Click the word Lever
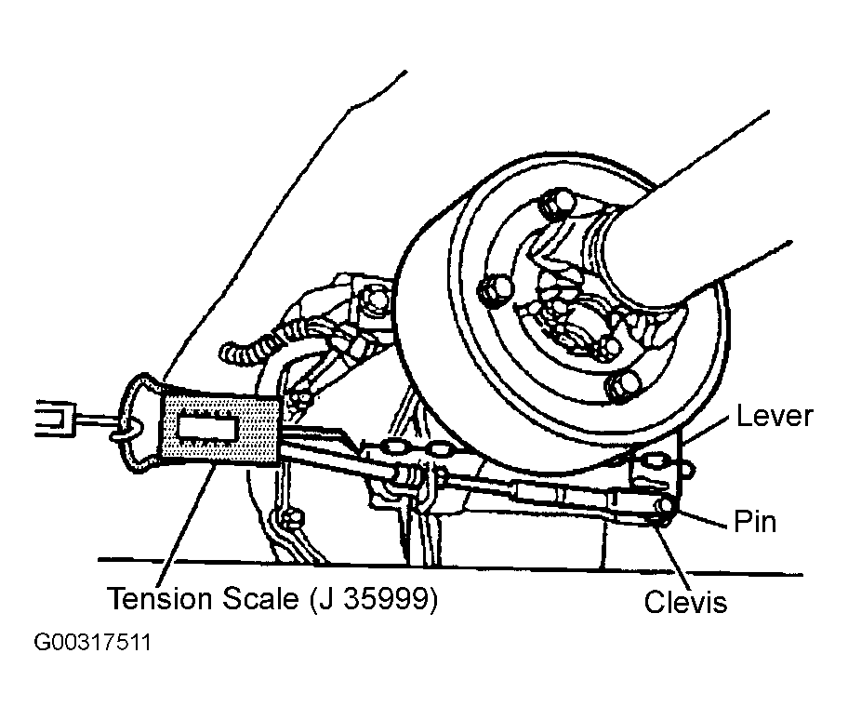coord(775,416)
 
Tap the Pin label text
coord(755,522)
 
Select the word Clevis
coord(686,601)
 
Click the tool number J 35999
coord(374,599)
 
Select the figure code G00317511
coord(92,642)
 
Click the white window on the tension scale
coord(207,430)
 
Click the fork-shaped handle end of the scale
coord(55,419)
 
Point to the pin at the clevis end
coord(664,506)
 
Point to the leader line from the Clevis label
coord(673,553)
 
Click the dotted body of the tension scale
coord(220,430)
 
